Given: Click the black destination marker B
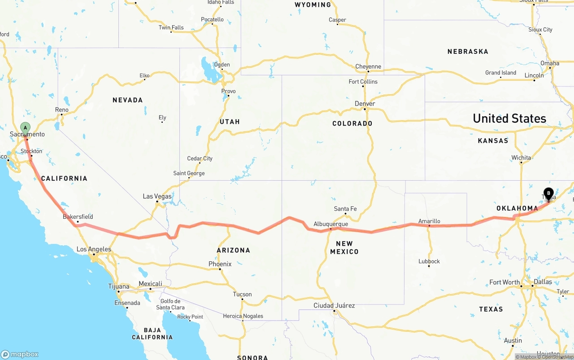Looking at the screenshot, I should point(548,193).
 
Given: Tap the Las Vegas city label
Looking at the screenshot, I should point(157,196).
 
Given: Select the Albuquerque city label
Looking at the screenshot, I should point(330,224).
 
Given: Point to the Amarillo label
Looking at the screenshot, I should point(429,221).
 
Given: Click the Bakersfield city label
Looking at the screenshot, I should point(78,217).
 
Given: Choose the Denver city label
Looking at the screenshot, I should point(365,104).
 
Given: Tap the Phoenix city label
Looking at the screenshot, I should point(220,264).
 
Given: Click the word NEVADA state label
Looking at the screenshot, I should point(128,100).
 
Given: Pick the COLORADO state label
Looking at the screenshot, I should point(352,123).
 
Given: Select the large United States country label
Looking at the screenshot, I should point(509,118).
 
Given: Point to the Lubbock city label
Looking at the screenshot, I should point(429,261).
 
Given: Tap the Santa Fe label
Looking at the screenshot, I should point(345,209).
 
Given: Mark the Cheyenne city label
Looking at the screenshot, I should point(368,66).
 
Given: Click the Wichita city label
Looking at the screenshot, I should point(521,157).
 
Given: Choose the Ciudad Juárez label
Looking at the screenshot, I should point(334,305).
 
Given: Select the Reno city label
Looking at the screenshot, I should point(62,110).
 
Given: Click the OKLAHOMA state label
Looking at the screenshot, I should point(517,208).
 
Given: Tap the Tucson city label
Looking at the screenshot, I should point(242,294).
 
